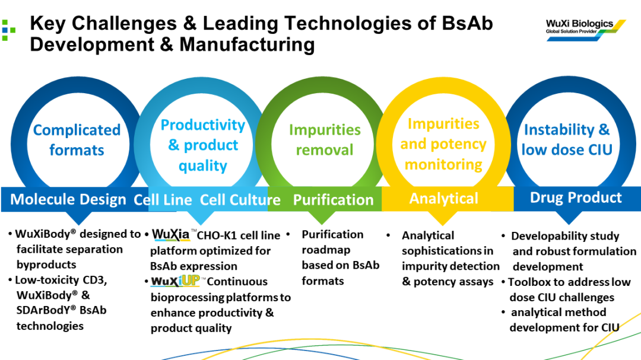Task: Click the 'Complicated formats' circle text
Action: point(77,140)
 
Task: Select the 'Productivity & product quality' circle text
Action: point(202,145)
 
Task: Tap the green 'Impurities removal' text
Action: point(325,140)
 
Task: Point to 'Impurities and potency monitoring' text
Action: point(443,144)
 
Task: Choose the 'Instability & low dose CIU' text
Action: point(567,139)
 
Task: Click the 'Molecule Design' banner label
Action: point(68,200)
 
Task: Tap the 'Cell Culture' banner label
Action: point(240,200)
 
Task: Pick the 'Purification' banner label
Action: point(333,200)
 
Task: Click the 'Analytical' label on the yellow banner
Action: point(443,199)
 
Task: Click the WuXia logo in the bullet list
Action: point(172,235)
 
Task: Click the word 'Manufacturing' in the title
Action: point(247,44)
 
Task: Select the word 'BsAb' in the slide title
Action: point(468,24)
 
